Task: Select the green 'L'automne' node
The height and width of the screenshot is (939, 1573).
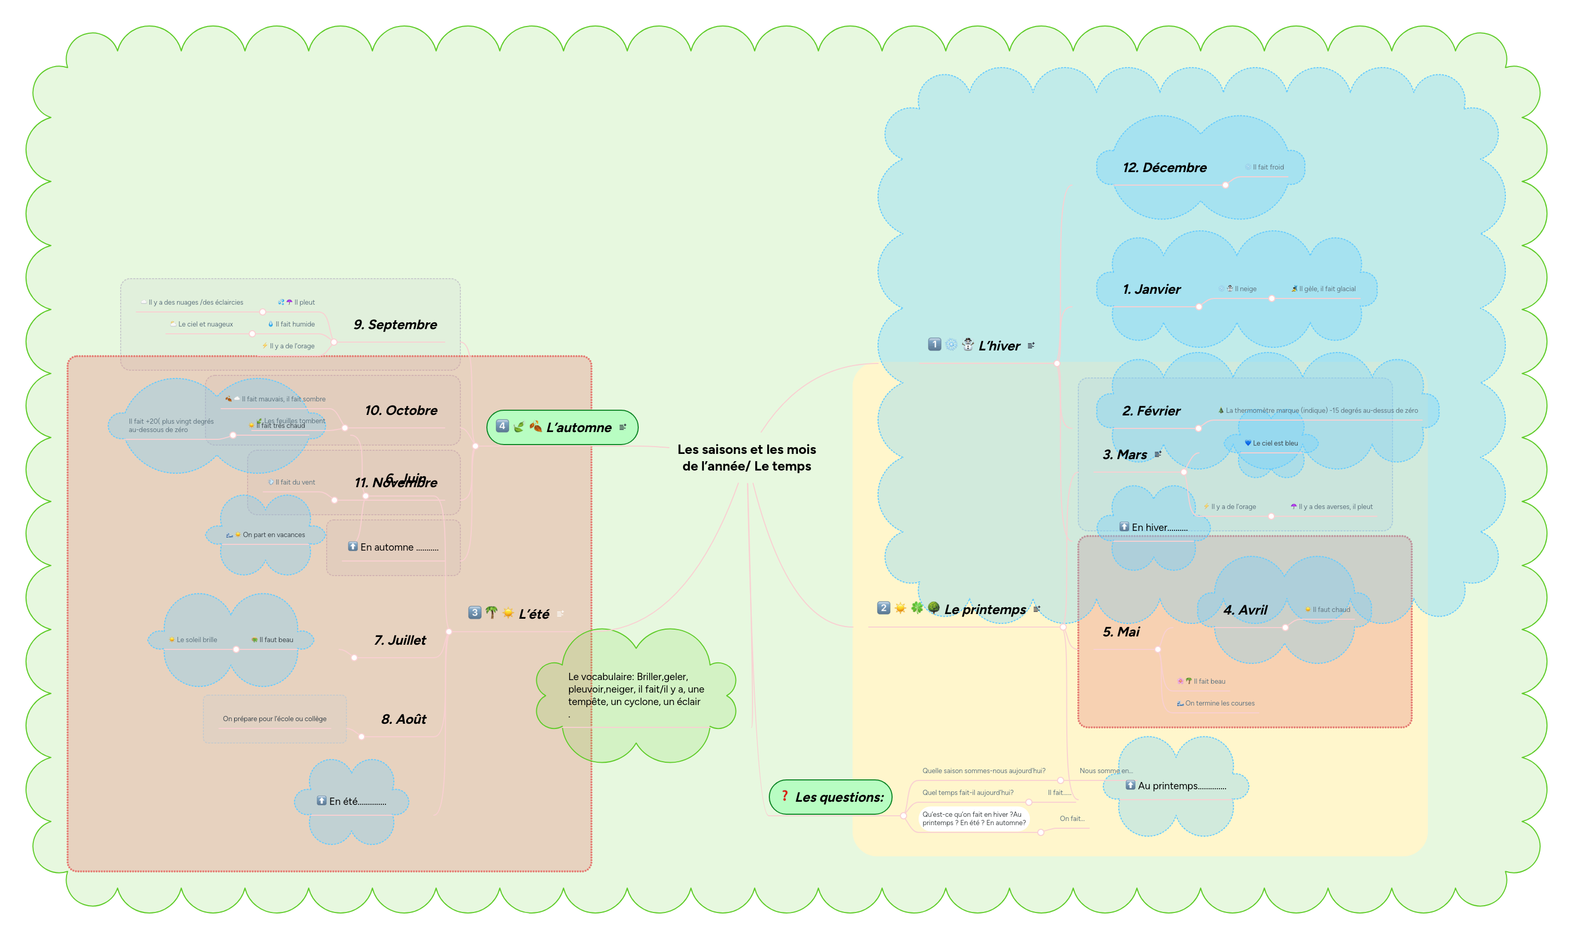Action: tap(562, 427)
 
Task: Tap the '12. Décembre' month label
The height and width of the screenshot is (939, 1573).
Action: tap(1164, 167)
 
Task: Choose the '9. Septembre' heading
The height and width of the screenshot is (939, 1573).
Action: tap(395, 324)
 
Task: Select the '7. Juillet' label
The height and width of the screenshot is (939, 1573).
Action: tap(399, 640)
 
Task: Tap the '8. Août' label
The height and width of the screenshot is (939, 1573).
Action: tap(403, 719)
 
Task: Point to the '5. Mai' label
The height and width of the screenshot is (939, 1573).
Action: tap(1120, 632)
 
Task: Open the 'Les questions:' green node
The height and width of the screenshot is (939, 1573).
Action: tap(831, 797)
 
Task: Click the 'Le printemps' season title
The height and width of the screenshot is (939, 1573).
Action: tap(984, 609)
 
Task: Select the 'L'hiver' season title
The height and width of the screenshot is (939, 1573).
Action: tap(999, 345)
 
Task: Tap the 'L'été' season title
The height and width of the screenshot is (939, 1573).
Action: tap(534, 614)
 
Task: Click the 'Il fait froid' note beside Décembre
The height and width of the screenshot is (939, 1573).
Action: tap(1267, 167)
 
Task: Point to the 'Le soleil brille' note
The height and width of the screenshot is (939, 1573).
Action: tap(196, 640)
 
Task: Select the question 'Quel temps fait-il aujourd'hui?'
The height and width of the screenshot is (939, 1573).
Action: tap(967, 792)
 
